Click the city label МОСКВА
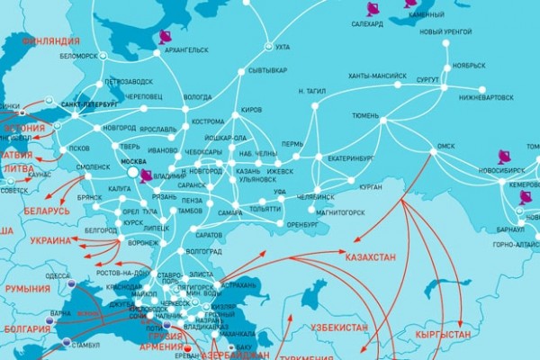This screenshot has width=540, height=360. point(133,161)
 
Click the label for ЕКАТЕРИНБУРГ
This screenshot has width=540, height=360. point(349,158)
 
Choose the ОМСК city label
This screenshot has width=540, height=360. point(446,145)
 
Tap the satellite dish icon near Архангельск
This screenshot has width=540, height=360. point(164,38)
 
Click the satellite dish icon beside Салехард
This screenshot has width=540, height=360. point(373,9)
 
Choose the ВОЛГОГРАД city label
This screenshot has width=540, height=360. point(203,253)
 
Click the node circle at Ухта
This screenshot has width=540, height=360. point(266,47)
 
